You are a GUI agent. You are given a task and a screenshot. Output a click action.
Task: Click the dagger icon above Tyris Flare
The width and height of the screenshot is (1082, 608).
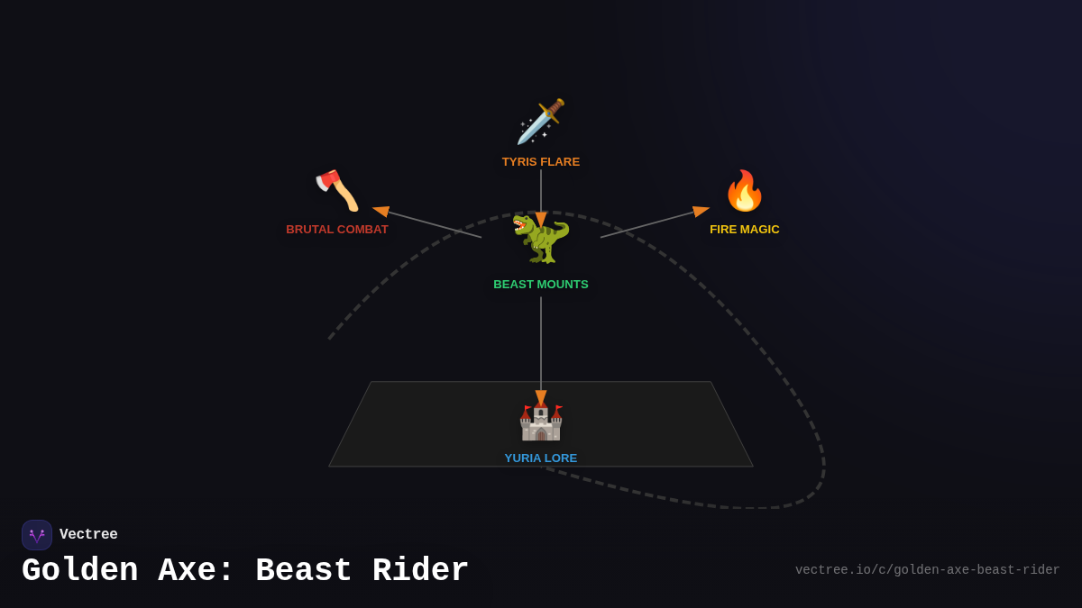point(541,122)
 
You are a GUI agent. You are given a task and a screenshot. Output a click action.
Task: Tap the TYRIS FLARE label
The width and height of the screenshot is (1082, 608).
point(541,162)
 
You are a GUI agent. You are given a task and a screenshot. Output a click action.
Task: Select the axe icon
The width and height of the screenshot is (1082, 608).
point(337,190)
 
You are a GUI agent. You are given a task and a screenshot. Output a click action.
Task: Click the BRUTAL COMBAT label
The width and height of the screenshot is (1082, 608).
point(337,230)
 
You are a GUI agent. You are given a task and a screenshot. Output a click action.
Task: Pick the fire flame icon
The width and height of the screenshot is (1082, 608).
point(745,191)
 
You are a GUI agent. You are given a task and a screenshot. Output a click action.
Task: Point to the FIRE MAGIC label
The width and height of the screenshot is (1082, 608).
point(745,230)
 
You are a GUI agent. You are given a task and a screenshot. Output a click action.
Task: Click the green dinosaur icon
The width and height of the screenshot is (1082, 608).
point(541,239)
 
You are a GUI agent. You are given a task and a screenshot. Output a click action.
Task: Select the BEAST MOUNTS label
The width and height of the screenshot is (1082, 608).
point(541,285)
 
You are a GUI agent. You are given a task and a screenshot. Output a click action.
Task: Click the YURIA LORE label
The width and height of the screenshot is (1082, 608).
point(541,458)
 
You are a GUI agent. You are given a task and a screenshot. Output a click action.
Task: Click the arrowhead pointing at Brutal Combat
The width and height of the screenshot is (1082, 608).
point(381,211)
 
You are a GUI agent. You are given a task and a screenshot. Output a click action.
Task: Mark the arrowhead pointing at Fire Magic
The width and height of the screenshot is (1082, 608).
point(701,211)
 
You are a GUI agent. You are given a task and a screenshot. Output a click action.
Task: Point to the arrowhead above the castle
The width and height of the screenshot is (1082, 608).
point(541,397)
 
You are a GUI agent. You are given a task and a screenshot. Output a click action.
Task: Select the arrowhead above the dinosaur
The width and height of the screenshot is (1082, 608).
point(541,219)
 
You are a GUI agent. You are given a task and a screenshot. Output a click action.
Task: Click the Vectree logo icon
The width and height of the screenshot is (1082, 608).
point(37,535)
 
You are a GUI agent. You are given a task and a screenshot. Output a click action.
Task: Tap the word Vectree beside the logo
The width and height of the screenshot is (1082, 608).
point(88,535)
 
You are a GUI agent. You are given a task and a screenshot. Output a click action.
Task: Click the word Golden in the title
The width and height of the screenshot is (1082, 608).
point(80,571)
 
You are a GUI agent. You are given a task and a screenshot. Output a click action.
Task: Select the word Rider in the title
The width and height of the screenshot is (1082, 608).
point(420,571)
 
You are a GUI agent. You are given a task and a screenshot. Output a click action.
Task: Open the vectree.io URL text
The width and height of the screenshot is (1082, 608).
point(927,570)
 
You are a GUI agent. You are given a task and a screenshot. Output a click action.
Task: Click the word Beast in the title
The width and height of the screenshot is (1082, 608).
point(304,571)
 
